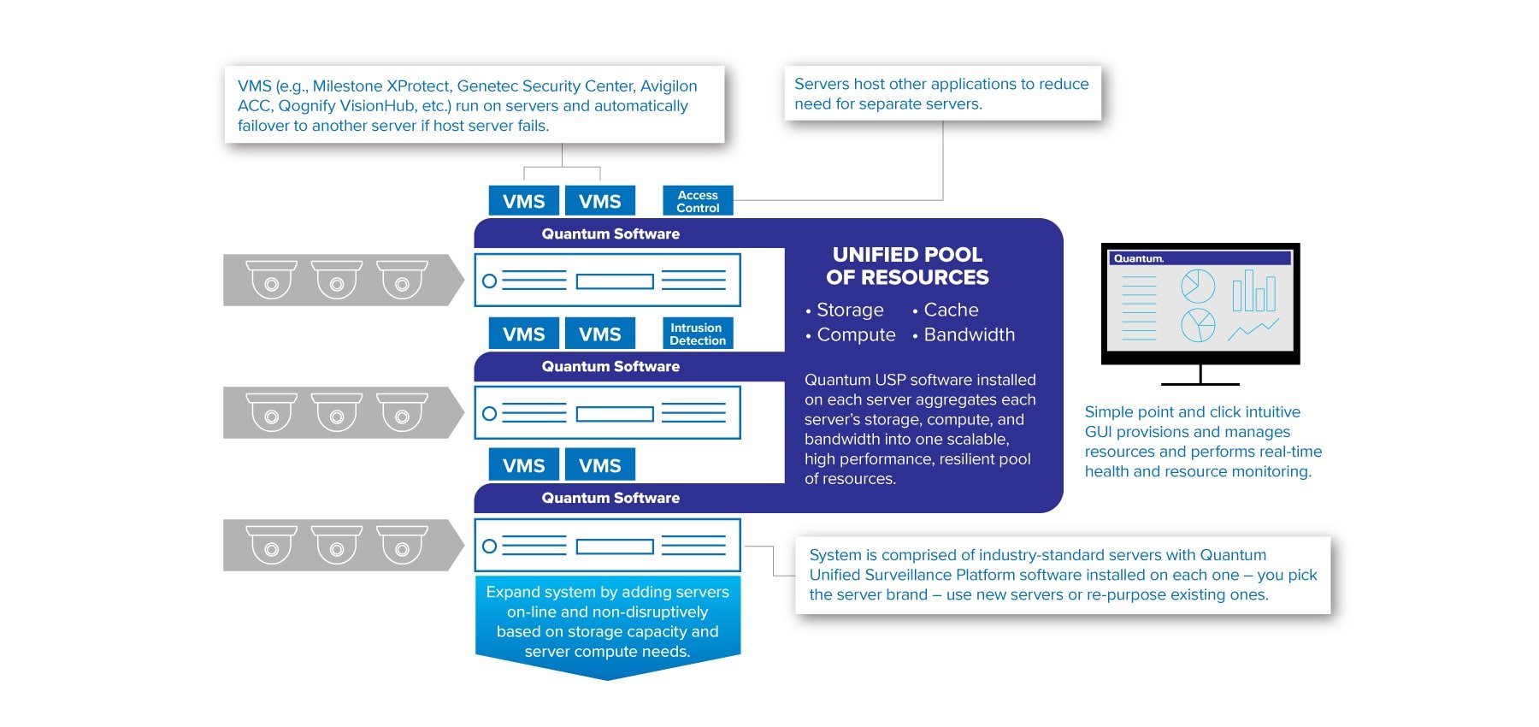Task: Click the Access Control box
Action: coord(698,201)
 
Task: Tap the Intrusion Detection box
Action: coord(698,334)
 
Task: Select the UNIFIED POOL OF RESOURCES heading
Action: coord(907,266)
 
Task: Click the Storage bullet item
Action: coord(849,310)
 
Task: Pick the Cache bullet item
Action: coord(950,310)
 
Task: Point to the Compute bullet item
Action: coord(855,334)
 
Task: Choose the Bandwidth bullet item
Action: coord(969,334)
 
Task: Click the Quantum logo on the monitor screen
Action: coord(1138,258)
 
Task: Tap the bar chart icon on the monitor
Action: coord(1253,291)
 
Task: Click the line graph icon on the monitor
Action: coord(1253,329)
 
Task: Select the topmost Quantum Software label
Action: coord(610,233)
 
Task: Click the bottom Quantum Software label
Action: coord(610,498)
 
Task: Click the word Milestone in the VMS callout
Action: coord(348,86)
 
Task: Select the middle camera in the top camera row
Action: coord(337,280)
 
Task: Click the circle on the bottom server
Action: coord(490,546)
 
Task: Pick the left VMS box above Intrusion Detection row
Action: coord(523,334)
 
